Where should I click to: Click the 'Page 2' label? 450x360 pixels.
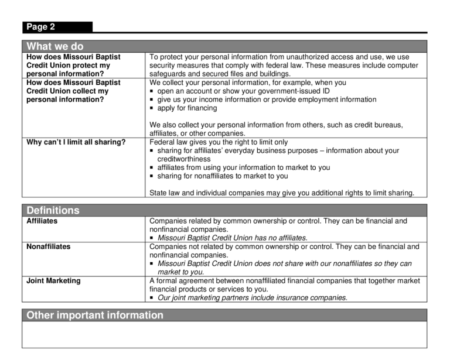(40, 27)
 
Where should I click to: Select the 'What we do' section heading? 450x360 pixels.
(55, 46)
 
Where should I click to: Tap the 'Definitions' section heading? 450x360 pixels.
(53, 210)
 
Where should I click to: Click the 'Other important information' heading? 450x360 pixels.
(95, 316)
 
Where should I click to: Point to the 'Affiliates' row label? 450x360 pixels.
(42, 221)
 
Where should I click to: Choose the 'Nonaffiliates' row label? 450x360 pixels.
(49, 247)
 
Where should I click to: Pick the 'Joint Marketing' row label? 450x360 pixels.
(54, 281)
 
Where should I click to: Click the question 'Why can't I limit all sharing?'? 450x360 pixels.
(76, 142)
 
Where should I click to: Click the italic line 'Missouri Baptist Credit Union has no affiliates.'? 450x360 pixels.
(232, 238)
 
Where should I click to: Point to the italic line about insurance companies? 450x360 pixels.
(253, 298)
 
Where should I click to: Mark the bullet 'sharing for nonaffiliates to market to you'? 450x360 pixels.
(223, 176)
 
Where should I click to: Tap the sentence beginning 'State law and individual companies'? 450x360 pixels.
(282, 193)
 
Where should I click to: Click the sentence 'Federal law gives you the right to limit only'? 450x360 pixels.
(219, 142)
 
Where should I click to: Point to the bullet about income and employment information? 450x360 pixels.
(267, 100)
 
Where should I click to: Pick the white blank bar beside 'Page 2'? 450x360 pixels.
(260, 26)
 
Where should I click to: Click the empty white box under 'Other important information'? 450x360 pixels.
(225, 334)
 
